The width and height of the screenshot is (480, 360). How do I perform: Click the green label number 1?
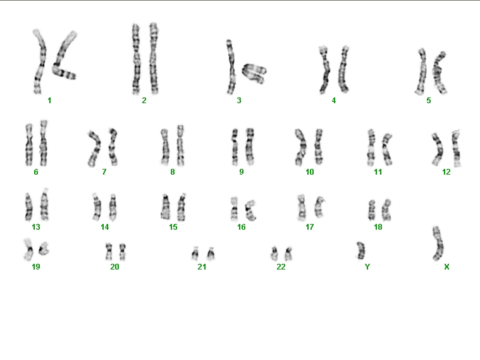[49, 101]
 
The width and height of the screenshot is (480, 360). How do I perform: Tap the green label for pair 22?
[281, 267]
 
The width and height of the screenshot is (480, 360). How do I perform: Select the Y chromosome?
[361, 251]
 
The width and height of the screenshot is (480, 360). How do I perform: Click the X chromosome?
[438, 244]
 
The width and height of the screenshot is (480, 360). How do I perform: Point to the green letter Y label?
[367, 267]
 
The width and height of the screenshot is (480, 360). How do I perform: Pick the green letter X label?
[446, 267]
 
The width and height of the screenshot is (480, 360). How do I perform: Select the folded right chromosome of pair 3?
[254, 73]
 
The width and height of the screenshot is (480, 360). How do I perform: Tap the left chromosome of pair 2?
[136, 59]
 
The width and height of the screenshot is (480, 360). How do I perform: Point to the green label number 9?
[242, 172]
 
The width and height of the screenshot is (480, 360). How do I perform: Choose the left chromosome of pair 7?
[95, 149]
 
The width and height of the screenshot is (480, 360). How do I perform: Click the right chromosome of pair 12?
[456, 148]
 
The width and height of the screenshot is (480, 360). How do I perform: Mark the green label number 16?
[242, 227]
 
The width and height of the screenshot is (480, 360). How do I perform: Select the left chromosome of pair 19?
[28, 249]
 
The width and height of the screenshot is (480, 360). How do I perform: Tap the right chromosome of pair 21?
[211, 253]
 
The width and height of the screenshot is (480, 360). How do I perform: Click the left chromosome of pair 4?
[324, 70]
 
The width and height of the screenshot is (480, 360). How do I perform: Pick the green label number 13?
[36, 227]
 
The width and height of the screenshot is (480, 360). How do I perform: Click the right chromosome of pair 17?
[319, 208]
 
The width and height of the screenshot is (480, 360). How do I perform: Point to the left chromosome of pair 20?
[109, 252]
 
